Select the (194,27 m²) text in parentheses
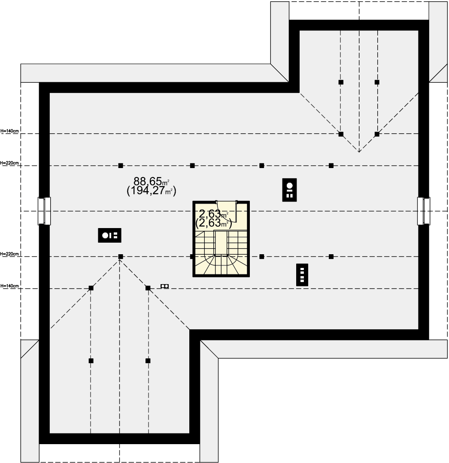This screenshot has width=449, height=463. point(152,191)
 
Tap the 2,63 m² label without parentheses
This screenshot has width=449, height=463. point(213,213)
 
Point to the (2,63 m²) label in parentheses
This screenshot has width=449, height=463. point(213,223)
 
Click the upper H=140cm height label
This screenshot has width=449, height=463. point(10,131)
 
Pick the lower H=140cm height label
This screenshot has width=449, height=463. point(10,286)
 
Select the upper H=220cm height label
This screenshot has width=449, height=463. point(10,163)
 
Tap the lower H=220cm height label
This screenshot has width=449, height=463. point(10,254)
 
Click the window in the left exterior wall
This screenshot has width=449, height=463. point(44,211)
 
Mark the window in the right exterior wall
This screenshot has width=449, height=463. point(424,211)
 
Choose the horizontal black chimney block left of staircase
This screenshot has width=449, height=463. point(109,235)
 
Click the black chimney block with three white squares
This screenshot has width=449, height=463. point(302,275)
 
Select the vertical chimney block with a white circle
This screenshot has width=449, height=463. point(289,190)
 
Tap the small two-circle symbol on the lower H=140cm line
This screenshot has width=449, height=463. point(165,286)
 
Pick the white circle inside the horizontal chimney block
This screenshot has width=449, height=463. point(105,235)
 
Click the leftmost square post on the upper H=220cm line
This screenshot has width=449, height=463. point(121,165)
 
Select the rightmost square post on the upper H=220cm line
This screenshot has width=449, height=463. point(331,165)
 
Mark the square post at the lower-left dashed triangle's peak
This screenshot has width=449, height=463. point(121,257)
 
